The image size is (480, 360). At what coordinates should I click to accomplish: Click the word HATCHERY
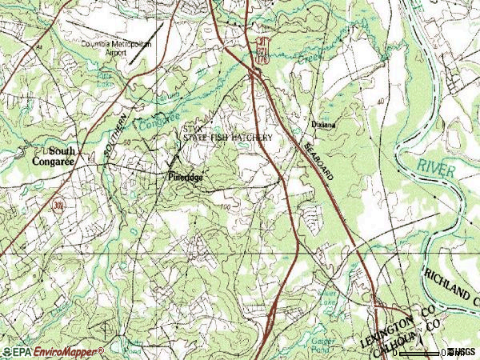pos(253,138)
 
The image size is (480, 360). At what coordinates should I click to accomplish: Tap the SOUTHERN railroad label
pos(114,134)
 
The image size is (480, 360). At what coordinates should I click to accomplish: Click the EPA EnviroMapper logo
pos(52,351)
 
